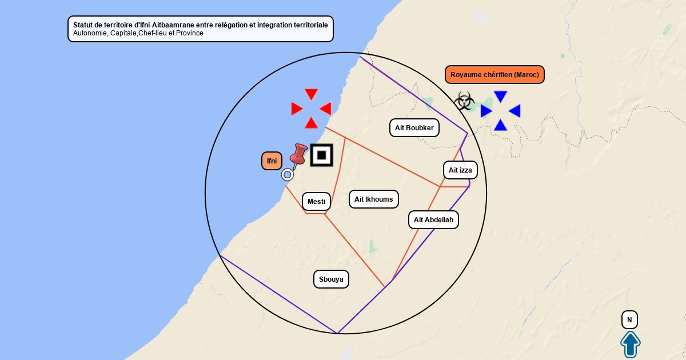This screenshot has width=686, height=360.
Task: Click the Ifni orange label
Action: pos(272,161)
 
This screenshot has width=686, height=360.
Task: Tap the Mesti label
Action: pos(316,201)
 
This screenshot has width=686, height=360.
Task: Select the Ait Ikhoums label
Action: pos(373,199)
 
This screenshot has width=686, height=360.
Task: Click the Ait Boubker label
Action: pos(414,127)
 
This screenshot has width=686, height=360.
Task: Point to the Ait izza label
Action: pos(460,170)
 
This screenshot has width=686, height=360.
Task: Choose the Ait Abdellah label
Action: pos(433,219)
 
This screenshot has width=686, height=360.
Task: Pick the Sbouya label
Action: pos(331,279)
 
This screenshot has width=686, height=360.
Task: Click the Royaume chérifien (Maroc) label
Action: pos(494,75)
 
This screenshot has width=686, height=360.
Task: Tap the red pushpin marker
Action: pos(298,154)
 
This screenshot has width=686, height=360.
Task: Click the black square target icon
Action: pos(322,155)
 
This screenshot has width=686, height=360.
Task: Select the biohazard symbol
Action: pos(464,102)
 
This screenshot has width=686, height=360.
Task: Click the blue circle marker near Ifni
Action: pos(288,175)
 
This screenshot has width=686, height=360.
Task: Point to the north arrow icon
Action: pos(630,345)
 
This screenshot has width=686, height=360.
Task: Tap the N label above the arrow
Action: pos(629,320)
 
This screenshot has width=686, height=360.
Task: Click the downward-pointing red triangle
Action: pos(311,94)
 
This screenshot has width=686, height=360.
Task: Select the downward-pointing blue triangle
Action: pos(501,97)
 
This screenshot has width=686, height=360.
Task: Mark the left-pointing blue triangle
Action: pos(514,111)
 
